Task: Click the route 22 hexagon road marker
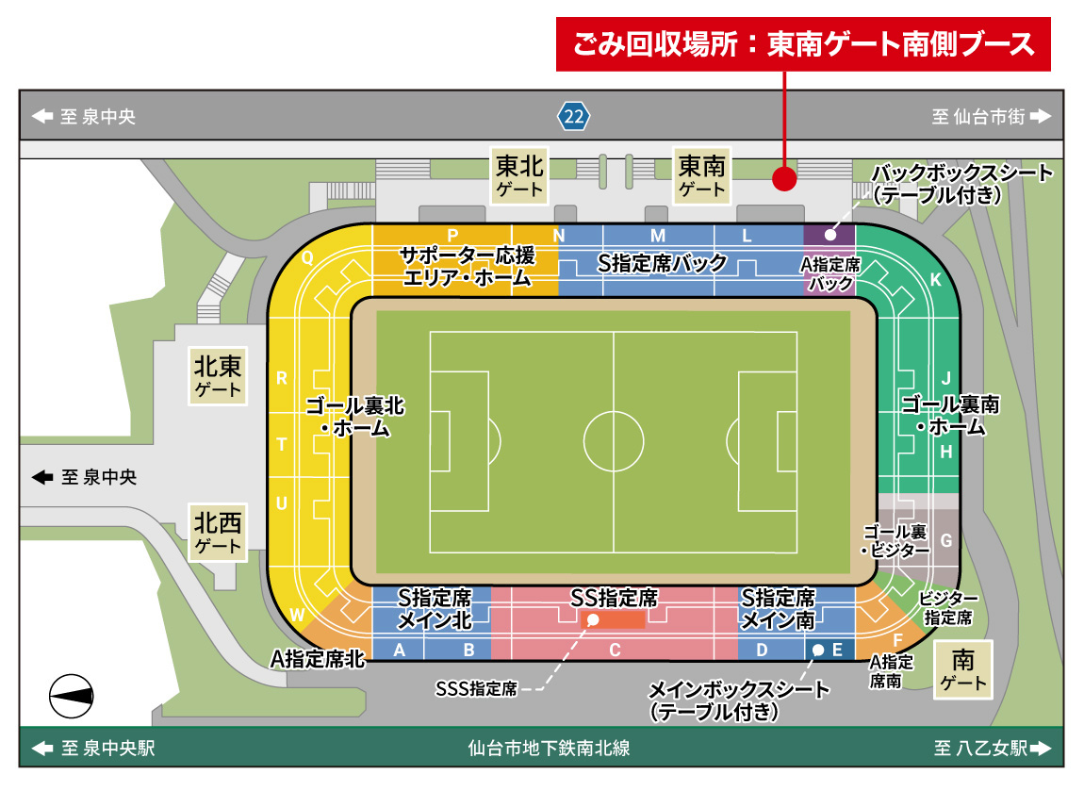point(573,116)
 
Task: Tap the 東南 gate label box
point(702,175)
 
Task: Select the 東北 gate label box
point(519,175)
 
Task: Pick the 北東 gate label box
point(218,375)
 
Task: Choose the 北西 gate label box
point(218,533)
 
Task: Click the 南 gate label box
point(962,670)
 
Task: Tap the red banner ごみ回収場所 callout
point(802,44)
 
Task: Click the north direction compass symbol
point(72,696)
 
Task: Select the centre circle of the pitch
point(614,440)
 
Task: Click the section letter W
point(297,616)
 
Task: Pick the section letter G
point(946,541)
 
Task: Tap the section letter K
point(935,280)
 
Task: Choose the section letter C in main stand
point(615,650)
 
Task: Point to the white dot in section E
point(817,650)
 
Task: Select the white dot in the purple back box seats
point(830,235)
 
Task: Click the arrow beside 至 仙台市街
point(1039,116)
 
